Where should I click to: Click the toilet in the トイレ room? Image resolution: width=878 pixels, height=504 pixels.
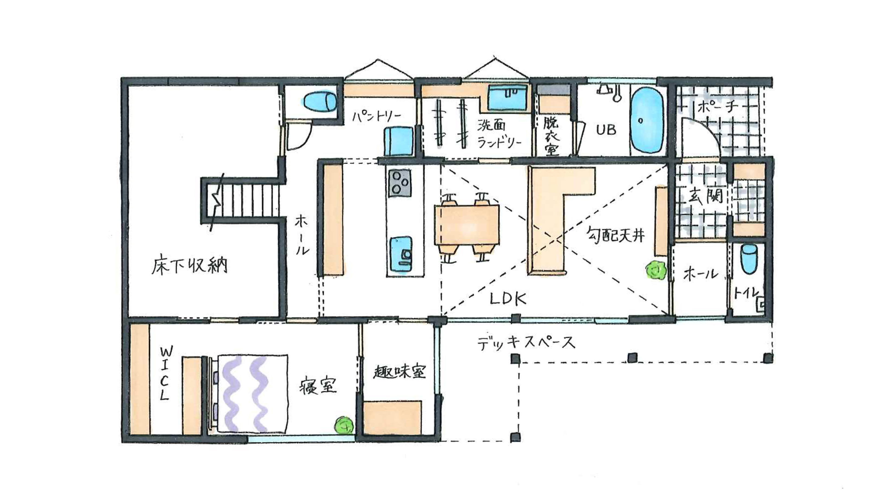tap(750, 259)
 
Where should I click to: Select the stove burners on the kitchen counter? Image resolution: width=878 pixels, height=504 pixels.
tap(400, 183)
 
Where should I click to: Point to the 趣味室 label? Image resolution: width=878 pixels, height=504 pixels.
tap(400, 373)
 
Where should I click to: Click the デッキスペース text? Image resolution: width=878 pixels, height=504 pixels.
tap(526, 343)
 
